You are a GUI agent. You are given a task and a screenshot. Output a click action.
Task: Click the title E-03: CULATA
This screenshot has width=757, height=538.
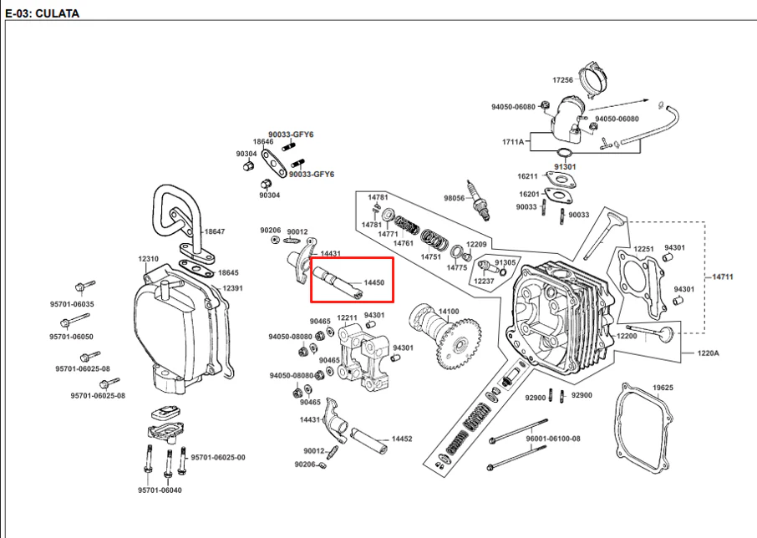42,13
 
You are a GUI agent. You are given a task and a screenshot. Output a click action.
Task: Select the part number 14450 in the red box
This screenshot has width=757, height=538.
374,282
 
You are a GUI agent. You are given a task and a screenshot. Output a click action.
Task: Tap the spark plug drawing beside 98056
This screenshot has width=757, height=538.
479,200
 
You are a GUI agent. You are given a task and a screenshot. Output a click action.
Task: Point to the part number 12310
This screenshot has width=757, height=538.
148,259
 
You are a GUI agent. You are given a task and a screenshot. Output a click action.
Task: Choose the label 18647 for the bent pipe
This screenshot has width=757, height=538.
215,231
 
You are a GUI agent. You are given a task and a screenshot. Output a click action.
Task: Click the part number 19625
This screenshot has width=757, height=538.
663,388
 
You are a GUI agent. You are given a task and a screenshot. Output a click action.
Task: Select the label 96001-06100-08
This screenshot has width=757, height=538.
553,439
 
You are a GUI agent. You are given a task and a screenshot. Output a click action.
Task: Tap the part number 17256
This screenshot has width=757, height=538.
562,80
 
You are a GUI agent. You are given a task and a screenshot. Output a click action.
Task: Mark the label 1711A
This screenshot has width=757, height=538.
513,142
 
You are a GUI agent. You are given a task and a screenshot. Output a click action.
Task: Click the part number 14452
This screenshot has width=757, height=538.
402,439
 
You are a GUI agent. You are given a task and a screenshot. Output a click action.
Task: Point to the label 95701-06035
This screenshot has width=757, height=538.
72,304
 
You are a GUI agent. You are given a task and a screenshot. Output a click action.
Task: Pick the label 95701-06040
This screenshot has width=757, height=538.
160,490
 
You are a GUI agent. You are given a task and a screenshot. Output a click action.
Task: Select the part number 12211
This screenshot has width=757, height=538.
347,318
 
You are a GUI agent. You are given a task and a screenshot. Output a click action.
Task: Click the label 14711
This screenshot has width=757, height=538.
723,277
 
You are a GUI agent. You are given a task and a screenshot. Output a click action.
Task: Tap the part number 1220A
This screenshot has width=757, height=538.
709,353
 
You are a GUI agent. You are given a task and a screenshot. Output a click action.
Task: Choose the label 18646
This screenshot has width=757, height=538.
263,142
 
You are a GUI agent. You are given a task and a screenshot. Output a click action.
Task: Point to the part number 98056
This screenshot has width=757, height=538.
455,198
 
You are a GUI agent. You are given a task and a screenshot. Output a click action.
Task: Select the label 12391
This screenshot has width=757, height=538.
232,288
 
